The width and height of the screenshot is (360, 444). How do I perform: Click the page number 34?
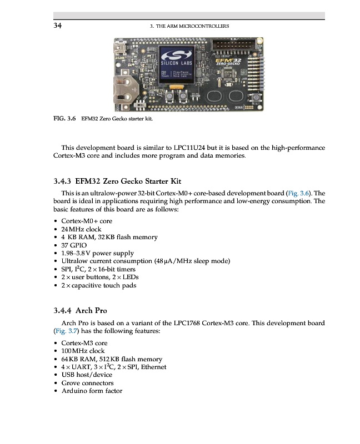[x=57, y=26]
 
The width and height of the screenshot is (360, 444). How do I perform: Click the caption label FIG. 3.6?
[x=64, y=118]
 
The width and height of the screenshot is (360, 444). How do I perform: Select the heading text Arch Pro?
[x=91, y=310]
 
